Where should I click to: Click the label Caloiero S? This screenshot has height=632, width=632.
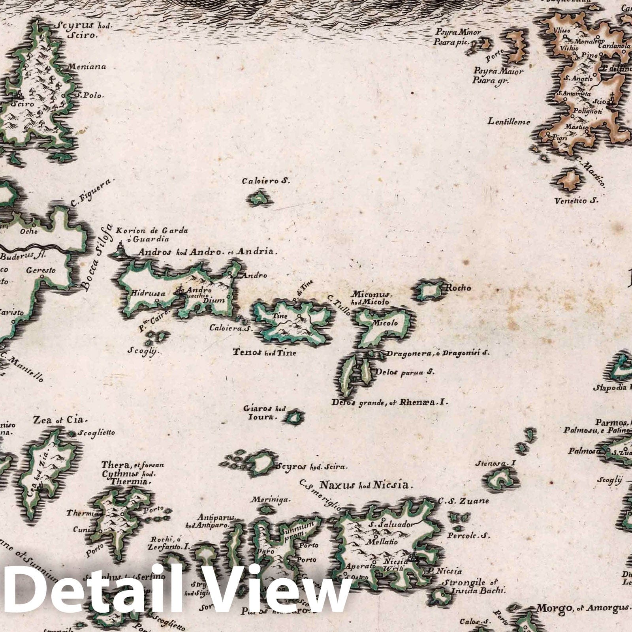pos(266,181)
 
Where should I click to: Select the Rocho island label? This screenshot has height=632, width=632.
pos(458,288)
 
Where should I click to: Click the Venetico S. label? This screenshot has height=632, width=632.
pos(576,201)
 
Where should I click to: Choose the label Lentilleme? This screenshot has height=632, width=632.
pos(509,122)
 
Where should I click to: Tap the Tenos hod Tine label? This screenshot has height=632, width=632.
pos(264,352)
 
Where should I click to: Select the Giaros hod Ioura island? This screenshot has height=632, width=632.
pos(294,417)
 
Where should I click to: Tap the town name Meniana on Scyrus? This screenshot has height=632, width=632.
pos(87,66)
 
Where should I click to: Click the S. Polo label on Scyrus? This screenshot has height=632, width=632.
pos(89,95)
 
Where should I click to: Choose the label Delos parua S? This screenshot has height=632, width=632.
pos(405,372)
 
